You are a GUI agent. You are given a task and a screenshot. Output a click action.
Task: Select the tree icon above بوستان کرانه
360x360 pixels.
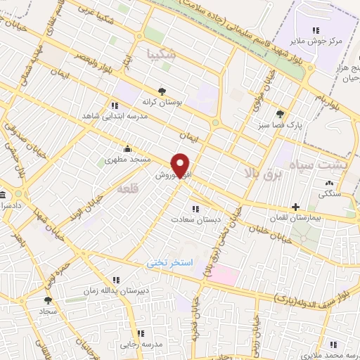(162, 91)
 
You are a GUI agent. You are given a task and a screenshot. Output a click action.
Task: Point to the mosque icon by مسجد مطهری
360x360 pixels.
(127, 148)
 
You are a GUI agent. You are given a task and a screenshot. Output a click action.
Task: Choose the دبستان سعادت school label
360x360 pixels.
(196, 219)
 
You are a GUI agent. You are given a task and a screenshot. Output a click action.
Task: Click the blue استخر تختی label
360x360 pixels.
(169, 262)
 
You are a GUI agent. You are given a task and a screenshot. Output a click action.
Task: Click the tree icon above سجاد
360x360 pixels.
(48, 300)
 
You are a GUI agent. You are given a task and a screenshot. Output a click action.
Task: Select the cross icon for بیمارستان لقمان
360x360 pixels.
(295, 207)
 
